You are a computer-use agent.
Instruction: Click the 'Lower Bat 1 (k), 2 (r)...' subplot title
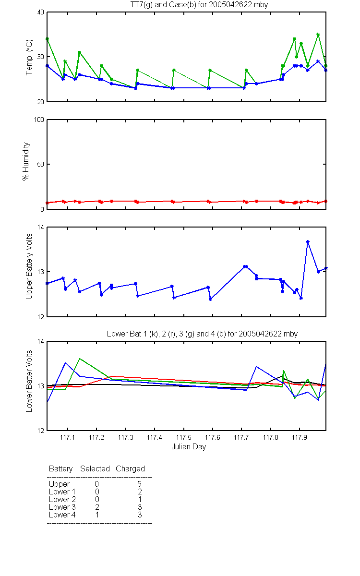202,334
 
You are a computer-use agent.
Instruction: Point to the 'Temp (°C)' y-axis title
29,57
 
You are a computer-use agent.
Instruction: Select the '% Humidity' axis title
26,161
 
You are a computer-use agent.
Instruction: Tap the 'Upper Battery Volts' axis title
29,266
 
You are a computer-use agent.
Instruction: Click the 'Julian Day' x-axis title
189,447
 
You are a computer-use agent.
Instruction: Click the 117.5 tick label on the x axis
183,437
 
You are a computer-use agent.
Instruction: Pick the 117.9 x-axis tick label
300,437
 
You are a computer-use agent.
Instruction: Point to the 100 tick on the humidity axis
39,120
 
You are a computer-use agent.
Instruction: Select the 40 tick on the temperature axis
41,12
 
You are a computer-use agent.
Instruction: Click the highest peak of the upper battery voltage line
308,242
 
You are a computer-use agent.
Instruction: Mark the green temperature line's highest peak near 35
318,34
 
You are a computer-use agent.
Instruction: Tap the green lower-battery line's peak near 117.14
80,359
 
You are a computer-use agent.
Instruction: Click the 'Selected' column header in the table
95,468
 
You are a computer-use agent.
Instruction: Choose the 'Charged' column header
130,468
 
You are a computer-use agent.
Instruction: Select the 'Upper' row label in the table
59,484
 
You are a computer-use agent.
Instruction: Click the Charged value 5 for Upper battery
139,484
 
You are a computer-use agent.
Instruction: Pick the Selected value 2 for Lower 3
97,507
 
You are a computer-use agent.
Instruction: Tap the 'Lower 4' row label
62,515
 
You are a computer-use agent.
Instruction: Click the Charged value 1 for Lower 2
140,499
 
